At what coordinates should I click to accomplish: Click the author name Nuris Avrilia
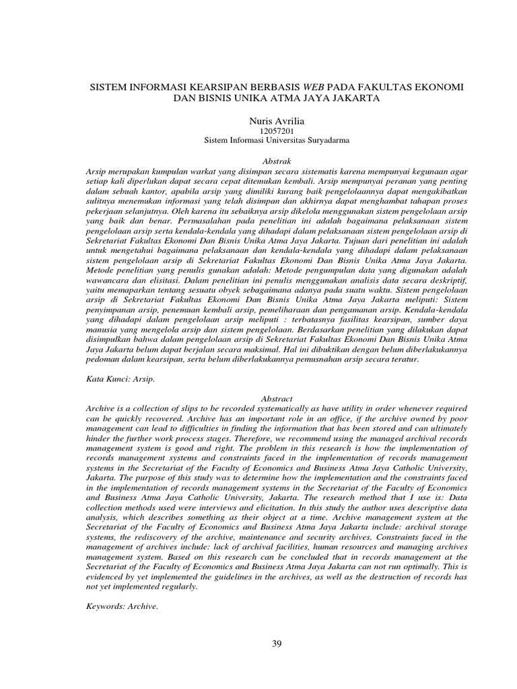(x=258, y=119)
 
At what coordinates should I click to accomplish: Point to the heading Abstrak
(x=258, y=161)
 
